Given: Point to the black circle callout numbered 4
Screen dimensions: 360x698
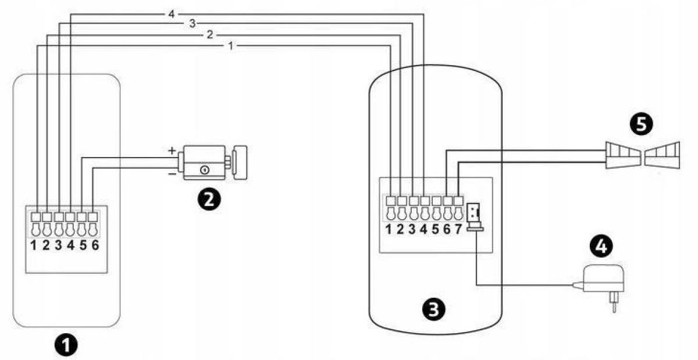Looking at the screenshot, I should click(x=601, y=247).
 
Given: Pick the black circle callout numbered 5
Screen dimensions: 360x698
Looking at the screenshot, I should click(x=639, y=124).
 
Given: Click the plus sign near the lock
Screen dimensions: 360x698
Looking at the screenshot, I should click(x=172, y=150).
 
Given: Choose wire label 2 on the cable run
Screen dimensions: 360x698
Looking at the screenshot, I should click(x=209, y=35).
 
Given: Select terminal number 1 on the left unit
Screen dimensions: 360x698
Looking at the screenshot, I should click(x=34, y=244).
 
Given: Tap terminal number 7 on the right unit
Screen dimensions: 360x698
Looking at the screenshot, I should click(x=458, y=228).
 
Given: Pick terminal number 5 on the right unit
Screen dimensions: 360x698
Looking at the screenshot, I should click(x=435, y=228).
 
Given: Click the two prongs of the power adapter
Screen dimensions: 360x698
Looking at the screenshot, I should click(x=613, y=303).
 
